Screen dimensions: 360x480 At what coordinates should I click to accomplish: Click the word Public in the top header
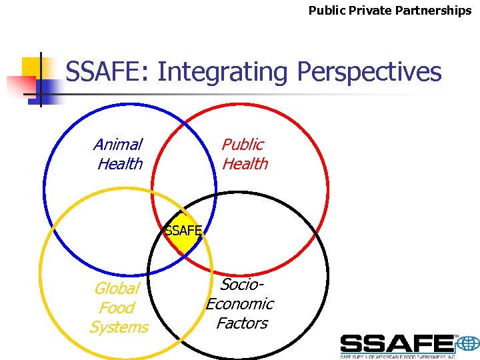(x=326, y=11)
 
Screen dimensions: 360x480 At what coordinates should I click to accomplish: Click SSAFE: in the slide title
(x=109, y=72)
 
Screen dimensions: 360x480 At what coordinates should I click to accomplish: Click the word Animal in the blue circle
(x=118, y=145)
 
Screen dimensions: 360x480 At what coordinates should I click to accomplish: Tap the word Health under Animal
(x=120, y=164)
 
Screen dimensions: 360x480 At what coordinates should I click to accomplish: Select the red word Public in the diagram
(x=243, y=145)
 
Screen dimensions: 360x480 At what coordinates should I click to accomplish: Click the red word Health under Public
(x=245, y=164)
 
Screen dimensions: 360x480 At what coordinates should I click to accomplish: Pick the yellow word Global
(x=117, y=289)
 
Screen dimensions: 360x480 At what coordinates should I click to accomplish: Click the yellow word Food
(x=117, y=308)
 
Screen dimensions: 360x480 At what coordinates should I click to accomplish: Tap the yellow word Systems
(x=119, y=327)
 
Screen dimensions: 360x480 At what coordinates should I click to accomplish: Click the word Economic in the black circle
(x=240, y=304)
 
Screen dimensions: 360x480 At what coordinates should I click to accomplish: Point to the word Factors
(x=241, y=323)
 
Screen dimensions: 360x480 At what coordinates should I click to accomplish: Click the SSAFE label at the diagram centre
(x=183, y=231)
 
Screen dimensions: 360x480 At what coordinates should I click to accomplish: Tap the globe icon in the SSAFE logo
(x=468, y=344)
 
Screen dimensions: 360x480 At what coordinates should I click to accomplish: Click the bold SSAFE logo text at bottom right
(x=397, y=344)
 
